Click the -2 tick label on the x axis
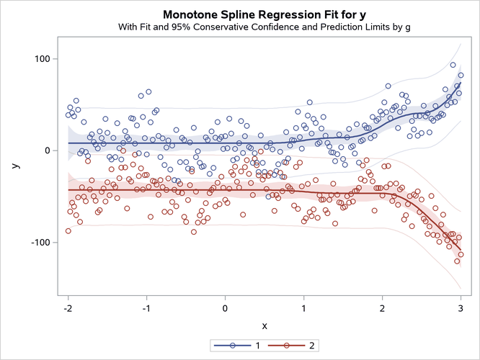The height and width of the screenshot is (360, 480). tap(68, 307)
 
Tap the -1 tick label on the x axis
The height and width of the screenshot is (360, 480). tap(146, 307)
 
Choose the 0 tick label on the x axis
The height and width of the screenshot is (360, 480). tap(226, 307)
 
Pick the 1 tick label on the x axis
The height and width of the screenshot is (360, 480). tap(303, 307)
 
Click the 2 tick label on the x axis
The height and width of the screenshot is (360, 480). tap(382, 307)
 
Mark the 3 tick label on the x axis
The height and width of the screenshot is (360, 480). tap(461, 307)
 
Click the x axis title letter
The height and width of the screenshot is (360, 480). tap(264, 325)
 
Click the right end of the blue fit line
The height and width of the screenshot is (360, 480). tap(460, 84)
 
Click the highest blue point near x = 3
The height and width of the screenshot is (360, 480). tap(453, 65)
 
